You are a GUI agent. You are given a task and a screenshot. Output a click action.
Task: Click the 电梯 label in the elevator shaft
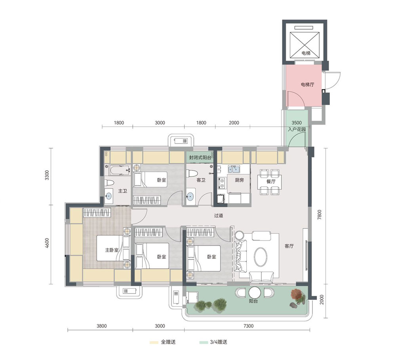(306, 53)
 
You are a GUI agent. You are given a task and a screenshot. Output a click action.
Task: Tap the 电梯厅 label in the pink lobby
(308, 85)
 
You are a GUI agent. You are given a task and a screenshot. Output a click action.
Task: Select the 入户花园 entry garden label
(297, 129)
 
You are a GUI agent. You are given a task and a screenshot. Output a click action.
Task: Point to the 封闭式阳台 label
(200, 158)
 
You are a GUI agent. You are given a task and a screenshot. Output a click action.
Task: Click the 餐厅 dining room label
(271, 182)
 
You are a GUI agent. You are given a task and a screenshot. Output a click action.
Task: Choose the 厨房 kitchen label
(239, 180)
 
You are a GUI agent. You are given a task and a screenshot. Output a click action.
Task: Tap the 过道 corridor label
(219, 216)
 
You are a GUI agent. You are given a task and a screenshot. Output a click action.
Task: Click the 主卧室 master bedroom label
(112, 250)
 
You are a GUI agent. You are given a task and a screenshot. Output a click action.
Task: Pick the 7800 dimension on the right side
(320, 215)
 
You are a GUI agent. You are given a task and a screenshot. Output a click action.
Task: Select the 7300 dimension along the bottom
(249, 326)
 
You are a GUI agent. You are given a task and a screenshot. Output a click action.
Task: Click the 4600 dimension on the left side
(47, 243)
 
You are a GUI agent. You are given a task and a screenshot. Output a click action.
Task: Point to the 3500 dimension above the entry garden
(297, 123)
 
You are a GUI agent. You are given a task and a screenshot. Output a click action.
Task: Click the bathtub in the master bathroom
(120, 170)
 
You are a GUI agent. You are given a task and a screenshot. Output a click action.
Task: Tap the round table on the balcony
(255, 293)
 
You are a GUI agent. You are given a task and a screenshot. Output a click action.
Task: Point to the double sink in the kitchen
(234, 169)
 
